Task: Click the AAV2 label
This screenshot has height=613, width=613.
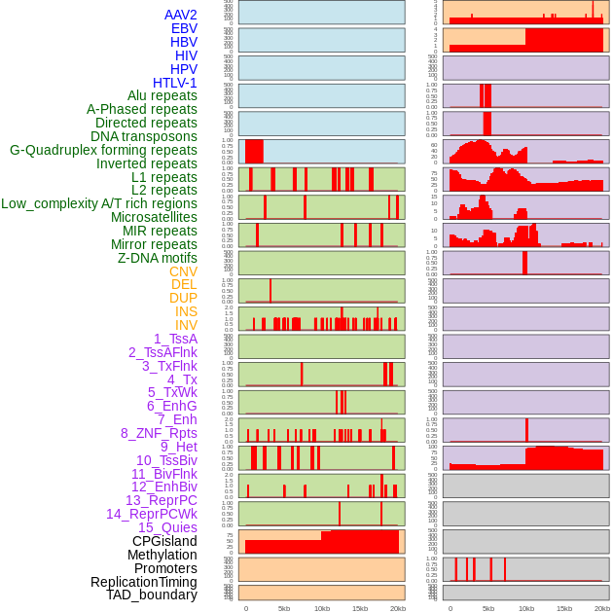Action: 180,15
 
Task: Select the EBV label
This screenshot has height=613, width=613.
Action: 184,28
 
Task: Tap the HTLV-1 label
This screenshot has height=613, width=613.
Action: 175,83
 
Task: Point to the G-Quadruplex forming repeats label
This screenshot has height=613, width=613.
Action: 103,150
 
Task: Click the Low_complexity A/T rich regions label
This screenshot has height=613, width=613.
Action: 99,203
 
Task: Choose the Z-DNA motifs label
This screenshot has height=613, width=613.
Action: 158,258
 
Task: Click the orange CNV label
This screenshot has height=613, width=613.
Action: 183,271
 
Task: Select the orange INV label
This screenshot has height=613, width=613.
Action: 186,325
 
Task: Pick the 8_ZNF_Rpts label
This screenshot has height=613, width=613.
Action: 159,433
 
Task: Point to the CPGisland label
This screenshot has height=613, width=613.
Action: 164,541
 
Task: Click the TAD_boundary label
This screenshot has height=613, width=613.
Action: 152,595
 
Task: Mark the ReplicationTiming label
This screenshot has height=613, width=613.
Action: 144,582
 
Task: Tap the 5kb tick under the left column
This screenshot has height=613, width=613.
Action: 284,608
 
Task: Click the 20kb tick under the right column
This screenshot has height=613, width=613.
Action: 602,608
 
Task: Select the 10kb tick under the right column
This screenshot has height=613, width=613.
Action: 526,608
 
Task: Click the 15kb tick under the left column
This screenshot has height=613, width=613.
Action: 360,608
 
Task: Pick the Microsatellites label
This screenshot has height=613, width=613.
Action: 154,217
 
